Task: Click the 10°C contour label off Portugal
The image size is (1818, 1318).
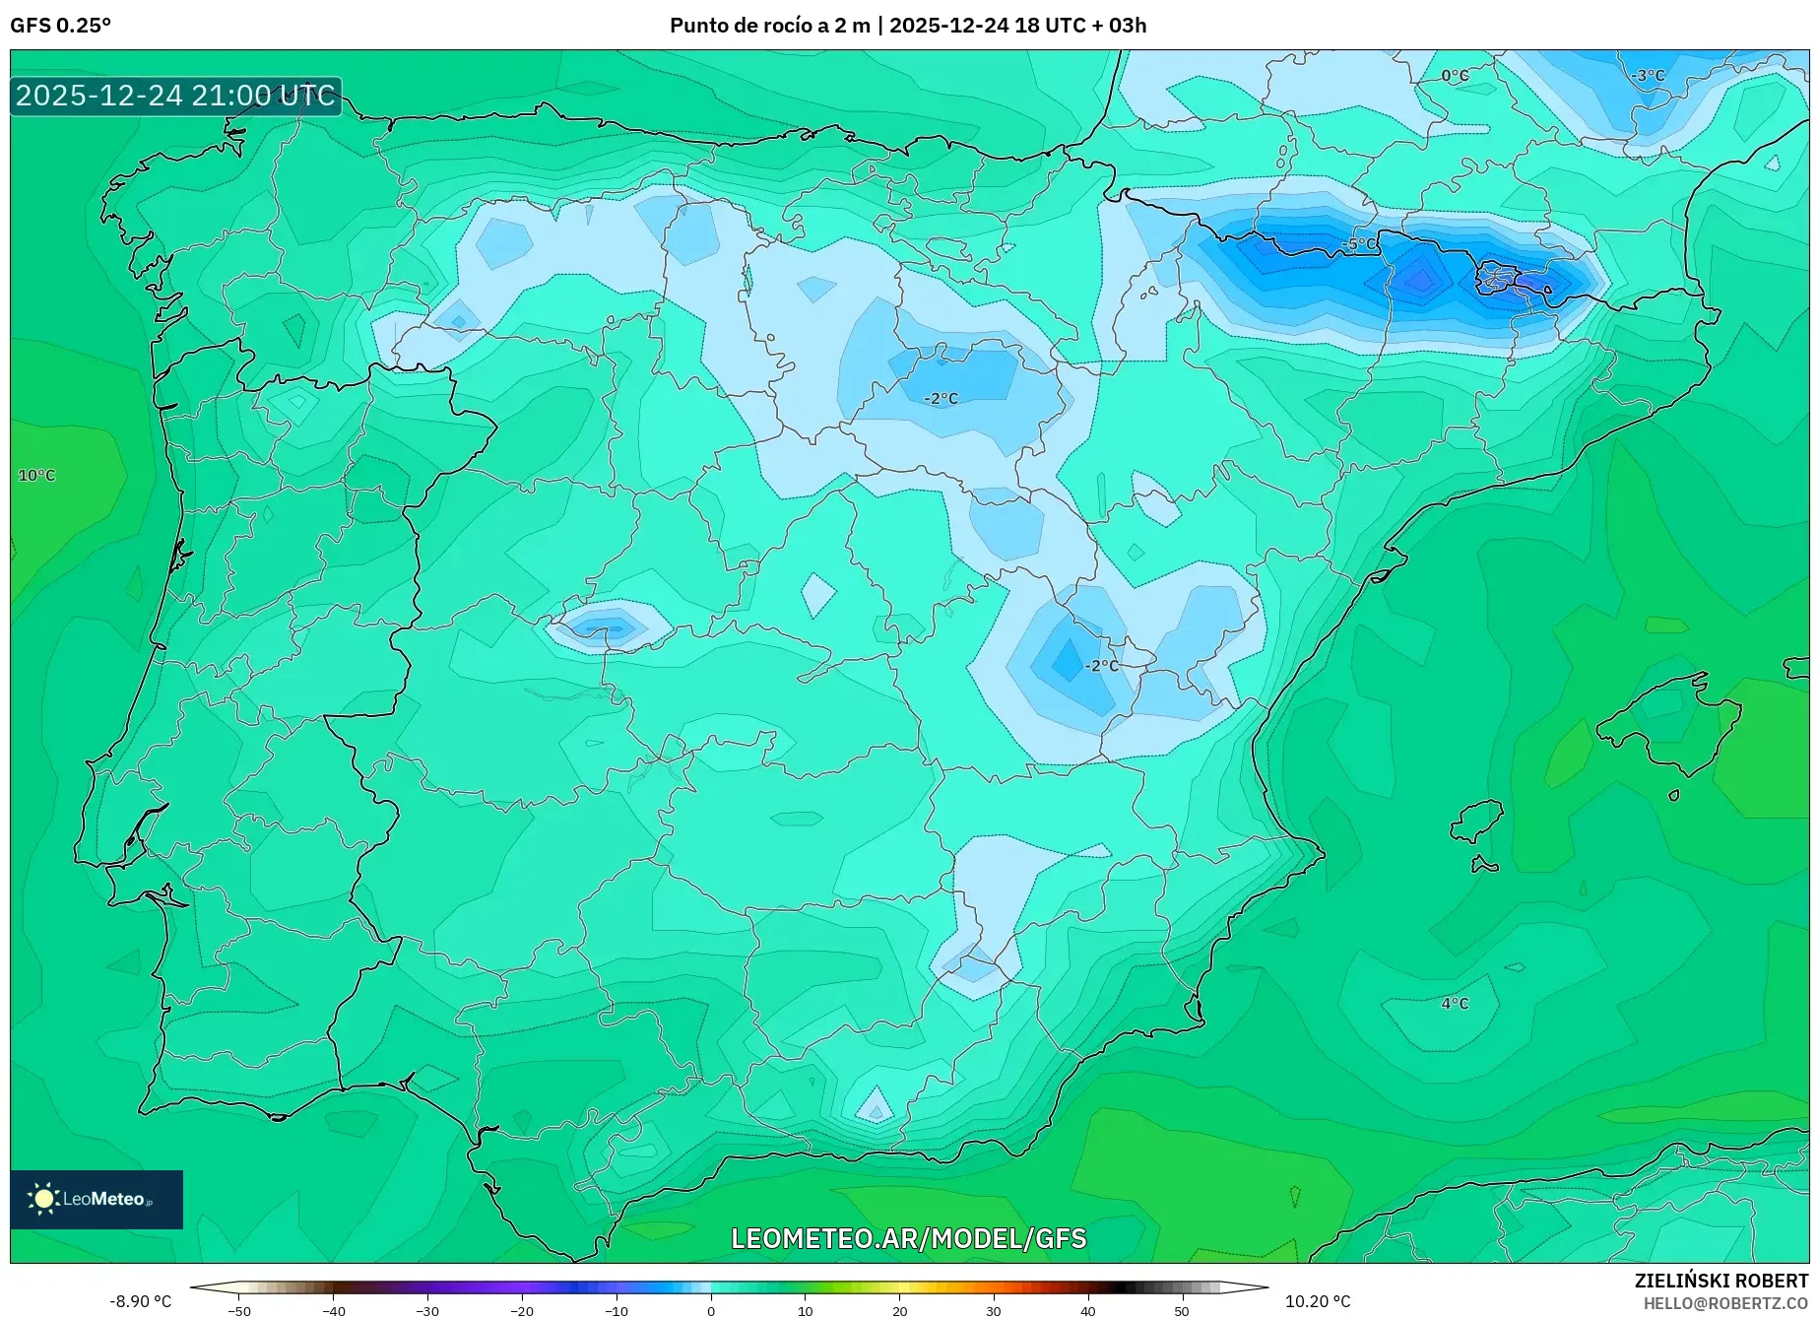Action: coord(36,476)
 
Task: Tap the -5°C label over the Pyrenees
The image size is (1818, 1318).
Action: coord(1359,243)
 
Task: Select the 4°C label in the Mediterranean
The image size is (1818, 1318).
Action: coord(1455,1004)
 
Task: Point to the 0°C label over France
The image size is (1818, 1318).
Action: coord(1455,76)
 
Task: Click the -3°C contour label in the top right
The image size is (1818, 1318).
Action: coord(1648,76)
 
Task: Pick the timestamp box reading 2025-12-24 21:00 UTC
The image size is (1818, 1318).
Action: coord(175,96)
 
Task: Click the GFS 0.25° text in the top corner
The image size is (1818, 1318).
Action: coord(60,26)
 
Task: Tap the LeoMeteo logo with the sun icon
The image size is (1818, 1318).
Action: coord(97,1199)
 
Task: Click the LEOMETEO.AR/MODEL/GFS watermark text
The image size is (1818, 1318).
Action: coord(908,1238)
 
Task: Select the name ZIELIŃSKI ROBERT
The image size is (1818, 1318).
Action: coord(1721,1281)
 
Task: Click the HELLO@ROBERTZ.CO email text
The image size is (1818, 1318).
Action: coord(1725,1302)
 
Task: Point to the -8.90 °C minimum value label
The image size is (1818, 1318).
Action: coord(140,1301)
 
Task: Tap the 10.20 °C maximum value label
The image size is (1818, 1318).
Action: coord(1317,1301)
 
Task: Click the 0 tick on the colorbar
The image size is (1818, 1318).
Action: coord(711,1311)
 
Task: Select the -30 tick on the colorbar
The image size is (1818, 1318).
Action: coord(427,1311)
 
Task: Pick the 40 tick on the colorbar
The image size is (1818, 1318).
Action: coord(1087,1311)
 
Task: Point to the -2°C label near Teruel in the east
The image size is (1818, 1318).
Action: coord(1101,666)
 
